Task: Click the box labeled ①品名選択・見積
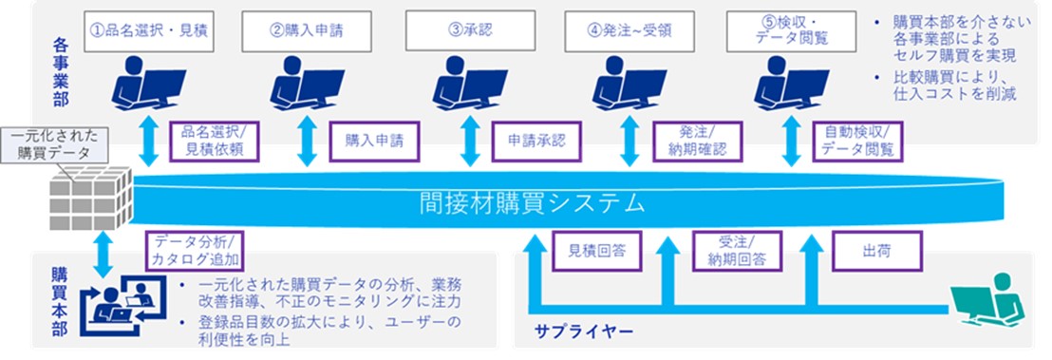point(148,31)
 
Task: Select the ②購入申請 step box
point(307,31)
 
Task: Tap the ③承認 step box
point(470,31)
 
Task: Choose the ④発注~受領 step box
point(629,31)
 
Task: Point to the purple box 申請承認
point(536,141)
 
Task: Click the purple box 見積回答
point(595,251)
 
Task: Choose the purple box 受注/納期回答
point(737,251)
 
